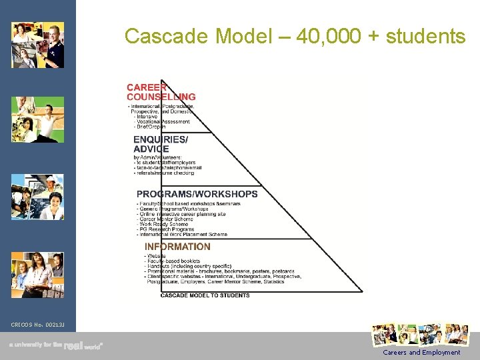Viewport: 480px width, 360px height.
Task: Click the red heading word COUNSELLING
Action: click(161, 97)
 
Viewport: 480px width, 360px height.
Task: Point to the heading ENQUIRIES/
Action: click(161, 139)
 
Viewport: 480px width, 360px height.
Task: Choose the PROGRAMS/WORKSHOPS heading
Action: click(197, 194)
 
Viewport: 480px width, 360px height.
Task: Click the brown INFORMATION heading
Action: click(177, 246)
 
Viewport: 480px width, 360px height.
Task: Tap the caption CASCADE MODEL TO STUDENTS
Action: click(205, 295)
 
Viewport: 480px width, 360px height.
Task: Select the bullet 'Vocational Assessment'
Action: click(163, 121)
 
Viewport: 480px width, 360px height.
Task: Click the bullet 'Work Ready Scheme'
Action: click(164, 224)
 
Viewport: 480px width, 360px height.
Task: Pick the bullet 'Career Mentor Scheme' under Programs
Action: click(167, 219)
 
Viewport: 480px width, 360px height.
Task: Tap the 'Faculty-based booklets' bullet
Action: click(173, 261)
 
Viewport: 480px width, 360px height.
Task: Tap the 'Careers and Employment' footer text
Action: click(421, 352)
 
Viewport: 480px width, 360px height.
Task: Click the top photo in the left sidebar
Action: click(38, 45)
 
